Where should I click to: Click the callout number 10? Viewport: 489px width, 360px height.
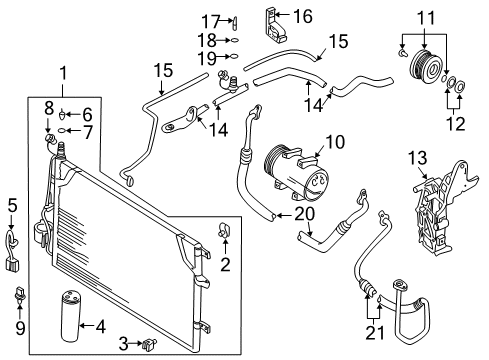[335, 142]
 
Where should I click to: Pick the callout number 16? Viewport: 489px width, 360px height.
[303, 17]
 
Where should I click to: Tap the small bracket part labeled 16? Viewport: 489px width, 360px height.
[274, 26]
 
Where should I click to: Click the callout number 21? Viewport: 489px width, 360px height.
[375, 332]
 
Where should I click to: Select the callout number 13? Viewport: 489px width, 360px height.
[417, 158]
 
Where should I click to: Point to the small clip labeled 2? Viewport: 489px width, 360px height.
[224, 230]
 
